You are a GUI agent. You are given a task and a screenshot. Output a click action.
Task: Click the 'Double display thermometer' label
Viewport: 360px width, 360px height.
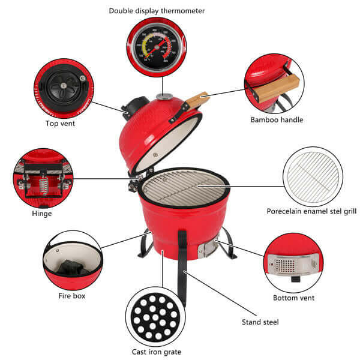(157, 11)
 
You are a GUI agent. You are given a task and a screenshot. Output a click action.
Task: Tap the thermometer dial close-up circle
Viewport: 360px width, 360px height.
(157, 47)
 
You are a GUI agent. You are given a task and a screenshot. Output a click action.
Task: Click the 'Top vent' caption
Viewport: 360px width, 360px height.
(61, 124)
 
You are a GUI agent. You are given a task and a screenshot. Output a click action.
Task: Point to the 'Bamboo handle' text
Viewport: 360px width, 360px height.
(277, 119)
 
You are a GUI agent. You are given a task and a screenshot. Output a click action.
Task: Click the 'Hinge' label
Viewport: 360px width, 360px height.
(42, 213)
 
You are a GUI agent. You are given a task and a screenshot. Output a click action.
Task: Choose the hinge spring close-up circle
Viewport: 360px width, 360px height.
(43, 178)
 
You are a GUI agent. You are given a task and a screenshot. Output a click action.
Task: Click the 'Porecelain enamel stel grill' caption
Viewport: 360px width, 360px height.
(311, 211)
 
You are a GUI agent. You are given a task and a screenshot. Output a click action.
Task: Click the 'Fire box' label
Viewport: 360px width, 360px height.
(71, 296)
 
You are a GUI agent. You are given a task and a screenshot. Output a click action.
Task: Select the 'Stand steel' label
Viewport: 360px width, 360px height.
(259, 322)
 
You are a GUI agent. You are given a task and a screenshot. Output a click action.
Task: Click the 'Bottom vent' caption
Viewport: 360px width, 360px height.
(293, 298)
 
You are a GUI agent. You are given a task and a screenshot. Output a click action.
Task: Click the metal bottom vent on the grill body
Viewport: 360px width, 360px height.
(208, 248)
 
